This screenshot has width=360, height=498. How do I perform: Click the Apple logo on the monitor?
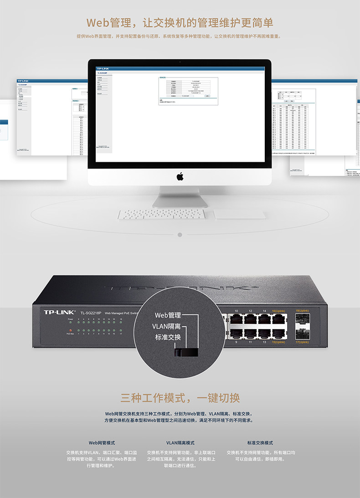pyautogui.click(x=180, y=176)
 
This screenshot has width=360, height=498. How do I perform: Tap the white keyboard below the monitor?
pyautogui.click(x=161, y=214)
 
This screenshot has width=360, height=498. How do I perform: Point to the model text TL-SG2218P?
pyautogui.click(x=90, y=313)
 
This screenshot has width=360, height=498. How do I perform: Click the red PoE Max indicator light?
pyautogui.click(x=71, y=329)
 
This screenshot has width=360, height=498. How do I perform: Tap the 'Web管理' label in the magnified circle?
pyautogui.click(x=168, y=315)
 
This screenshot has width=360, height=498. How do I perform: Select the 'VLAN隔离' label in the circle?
pyautogui.click(x=166, y=326)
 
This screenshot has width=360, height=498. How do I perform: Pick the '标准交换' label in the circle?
pyautogui.click(x=168, y=338)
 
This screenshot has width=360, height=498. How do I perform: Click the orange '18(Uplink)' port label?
pyautogui.click(x=302, y=311)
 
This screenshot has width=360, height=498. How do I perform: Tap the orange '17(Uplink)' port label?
pyautogui.click(x=302, y=342)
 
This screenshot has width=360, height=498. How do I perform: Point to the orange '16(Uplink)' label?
pyautogui.click(x=278, y=311)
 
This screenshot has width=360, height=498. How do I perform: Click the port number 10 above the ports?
pyautogui.click(x=236, y=311)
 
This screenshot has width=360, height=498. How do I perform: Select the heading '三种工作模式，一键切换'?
pyautogui.click(x=180, y=398)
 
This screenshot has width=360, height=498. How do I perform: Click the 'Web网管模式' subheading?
pyautogui.click(x=102, y=442)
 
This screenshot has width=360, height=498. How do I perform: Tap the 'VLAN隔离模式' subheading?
pyautogui.click(x=180, y=442)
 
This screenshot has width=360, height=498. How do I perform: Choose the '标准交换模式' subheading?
pyautogui.click(x=260, y=442)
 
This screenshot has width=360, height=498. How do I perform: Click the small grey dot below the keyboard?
pyautogui.click(x=180, y=235)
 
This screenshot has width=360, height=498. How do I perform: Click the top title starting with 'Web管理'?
pyautogui.click(x=180, y=23)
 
